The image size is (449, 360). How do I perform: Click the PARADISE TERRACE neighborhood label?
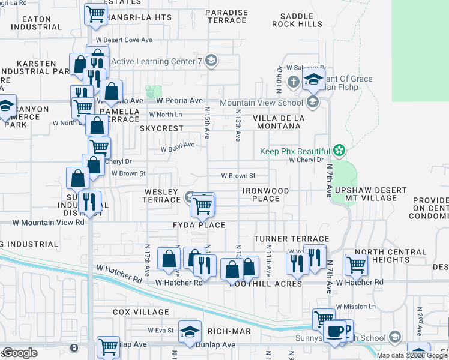pyautogui.click(x=226, y=16)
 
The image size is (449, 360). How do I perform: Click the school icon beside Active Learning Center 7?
pyautogui.click(x=211, y=61)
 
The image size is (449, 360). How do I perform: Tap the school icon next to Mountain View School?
pyautogui.click(x=312, y=103)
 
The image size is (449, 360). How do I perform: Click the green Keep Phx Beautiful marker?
pyautogui.click(x=339, y=151)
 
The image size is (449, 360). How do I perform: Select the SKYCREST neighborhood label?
pyautogui.click(x=161, y=128)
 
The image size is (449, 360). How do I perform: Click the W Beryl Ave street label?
pyautogui.click(x=177, y=145)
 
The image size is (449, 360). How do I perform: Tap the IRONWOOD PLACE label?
pyautogui.click(x=265, y=194)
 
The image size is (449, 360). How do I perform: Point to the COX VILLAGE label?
pyautogui.click(x=141, y=312)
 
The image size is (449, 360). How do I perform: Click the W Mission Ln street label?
pyautogui.click(x=356, y=306)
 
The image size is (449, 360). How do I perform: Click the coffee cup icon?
pyautogui.click(x=334, y=331)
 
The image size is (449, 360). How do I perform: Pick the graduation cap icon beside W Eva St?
pyautogui.click(x=190, y=332)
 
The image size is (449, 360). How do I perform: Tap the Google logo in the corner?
pyautogui.click(x=20, y=353)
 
